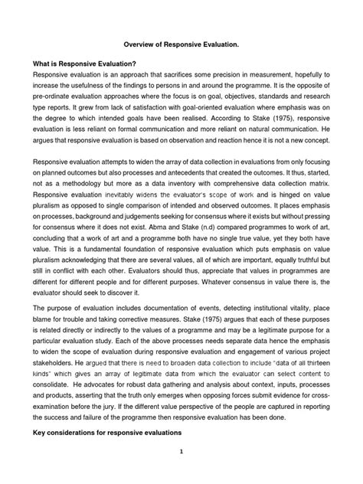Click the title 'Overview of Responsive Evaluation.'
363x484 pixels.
[x=181, y=46]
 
